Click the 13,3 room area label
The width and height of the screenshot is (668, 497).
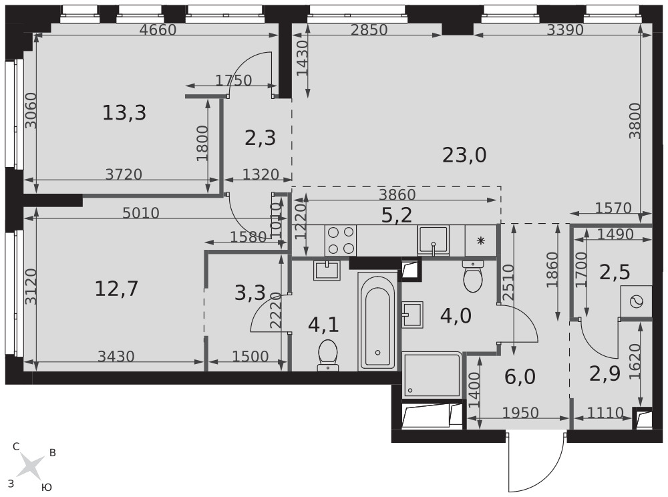(124, 114)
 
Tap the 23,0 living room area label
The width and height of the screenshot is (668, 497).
(464, 156)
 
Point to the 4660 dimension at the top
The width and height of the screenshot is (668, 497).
(158, 30)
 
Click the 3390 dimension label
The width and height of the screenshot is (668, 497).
(565, 30)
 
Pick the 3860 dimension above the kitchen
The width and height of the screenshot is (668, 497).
(397, 194)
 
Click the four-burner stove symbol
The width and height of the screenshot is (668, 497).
(341, 240)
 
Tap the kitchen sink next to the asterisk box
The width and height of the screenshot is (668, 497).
(434, 240)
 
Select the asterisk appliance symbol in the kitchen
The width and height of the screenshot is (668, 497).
(480, 241)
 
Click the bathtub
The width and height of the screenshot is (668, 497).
(377, 321)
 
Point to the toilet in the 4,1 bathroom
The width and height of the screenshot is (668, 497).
(327, 355)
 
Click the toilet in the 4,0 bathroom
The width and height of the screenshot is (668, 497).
(472, 277)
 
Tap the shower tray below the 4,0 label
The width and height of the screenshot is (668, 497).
(432, 374)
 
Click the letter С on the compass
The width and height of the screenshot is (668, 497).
(16, 447)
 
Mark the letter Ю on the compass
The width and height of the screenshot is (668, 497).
(47, 488)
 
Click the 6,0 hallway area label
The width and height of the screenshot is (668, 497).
(520, 377)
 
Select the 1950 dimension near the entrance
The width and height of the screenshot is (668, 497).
(520, 413)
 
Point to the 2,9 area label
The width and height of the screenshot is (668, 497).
(605, 373)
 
